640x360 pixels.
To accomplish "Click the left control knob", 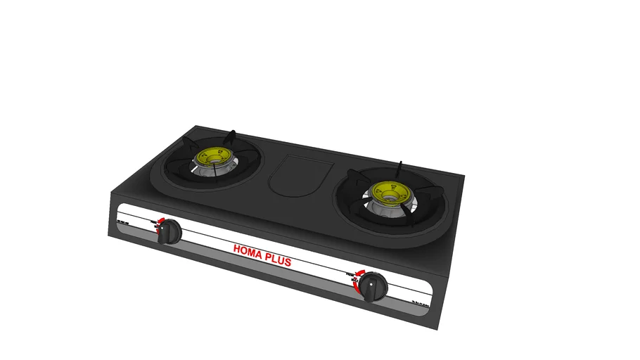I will [169, 232].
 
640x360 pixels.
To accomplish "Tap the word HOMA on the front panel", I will [247, 250].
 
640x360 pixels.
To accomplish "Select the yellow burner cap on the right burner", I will [389, 190].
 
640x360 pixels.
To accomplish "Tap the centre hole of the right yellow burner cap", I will [389, 189].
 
